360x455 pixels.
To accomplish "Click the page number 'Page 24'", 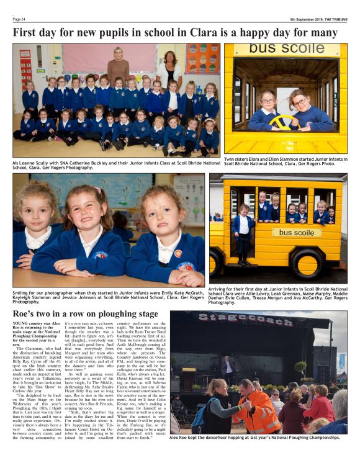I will point(19,19).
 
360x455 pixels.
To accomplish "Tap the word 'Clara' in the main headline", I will point(214,32).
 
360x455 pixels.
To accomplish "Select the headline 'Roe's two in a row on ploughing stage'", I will point(86,314).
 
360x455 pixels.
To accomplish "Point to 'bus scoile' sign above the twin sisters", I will point(287,50).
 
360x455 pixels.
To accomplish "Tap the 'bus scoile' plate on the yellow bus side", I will point(296,233).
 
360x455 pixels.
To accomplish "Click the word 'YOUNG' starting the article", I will point(22,325).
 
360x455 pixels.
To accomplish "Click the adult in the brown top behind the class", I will point(117,65).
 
